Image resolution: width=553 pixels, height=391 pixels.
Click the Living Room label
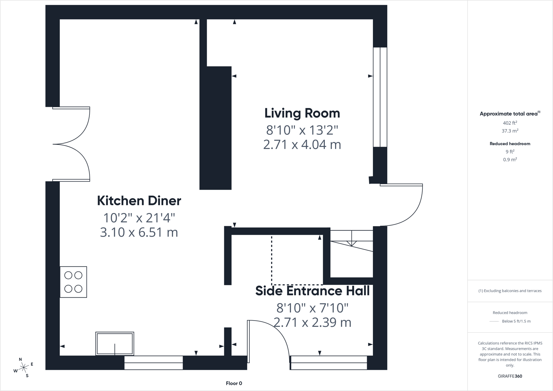click(302, 113)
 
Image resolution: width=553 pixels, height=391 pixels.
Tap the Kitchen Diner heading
click(139, 201)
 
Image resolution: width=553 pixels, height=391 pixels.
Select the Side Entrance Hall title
click(312, 291)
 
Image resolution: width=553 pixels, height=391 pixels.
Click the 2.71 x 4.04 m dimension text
click(302, 144)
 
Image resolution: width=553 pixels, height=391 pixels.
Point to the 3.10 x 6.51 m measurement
click(139, 232)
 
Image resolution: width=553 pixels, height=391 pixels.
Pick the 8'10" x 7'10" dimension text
click(312, 308)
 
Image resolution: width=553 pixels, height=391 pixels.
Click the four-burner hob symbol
click(73, 282)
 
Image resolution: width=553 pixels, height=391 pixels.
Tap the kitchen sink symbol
click(115, 344)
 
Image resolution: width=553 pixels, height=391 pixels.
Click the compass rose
click(23, 368)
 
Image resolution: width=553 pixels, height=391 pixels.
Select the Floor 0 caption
click(234, 383)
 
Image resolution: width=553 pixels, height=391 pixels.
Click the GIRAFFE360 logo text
click(510, 376)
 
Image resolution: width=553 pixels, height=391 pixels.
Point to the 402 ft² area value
click(510, 123)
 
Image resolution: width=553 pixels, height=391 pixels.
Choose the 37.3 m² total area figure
click(510, 131)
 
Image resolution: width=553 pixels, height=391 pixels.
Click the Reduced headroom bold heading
click(510, 143)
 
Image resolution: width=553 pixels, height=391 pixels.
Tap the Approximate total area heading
click(510, 114)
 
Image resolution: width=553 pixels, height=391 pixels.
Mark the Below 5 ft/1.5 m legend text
click(516, 321)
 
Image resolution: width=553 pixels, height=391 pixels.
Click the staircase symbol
click(351, 253)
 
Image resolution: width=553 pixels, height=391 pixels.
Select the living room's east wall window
click(380, 97)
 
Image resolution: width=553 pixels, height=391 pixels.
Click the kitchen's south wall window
click(153, 363)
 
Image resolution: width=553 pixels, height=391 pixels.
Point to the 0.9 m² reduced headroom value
click(510, 159)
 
